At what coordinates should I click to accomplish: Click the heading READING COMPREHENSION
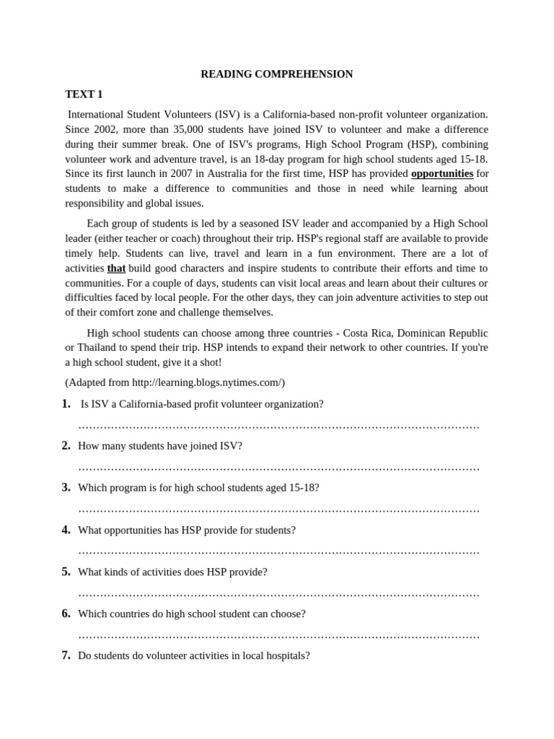(x=276, y=74)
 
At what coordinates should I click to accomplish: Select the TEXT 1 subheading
(x=84, y=94)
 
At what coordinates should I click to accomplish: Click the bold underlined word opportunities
(x=442, y=174)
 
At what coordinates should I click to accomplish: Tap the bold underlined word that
(x=116, y=268)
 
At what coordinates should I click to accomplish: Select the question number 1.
(x=66, y=403)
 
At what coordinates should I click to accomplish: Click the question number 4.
(x=66, y=530)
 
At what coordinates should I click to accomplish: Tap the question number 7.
(x=66, y=655)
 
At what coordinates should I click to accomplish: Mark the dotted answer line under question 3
(x=278, y=510)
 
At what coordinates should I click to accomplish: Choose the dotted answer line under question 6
(x=278, y=637)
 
